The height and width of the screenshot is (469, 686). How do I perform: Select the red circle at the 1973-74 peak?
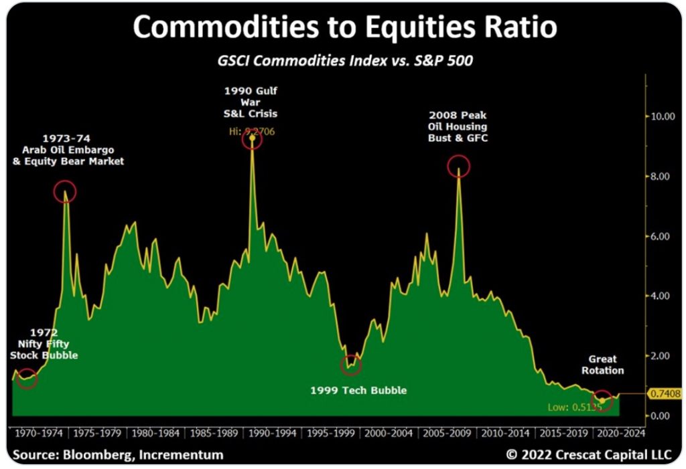click(x=65, y=192)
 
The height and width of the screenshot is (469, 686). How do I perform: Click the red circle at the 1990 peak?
click(x=252, y=139)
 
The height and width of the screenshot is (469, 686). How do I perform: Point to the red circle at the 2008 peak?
click(x=458, y=166)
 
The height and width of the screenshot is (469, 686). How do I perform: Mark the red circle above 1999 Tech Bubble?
click(x=351, y=365)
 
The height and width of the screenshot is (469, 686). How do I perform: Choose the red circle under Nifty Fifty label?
click(x=27, y=379)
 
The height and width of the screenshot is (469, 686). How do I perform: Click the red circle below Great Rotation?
click(x=602, y=400)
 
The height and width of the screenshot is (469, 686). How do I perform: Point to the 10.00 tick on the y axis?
click(x=662, y=116)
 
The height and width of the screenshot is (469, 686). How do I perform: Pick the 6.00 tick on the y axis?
click(x=662, y=236)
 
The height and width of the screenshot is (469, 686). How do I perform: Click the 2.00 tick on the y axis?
click(x=662, y=356)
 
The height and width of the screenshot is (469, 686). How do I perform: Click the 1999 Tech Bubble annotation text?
click(x=358, y=390)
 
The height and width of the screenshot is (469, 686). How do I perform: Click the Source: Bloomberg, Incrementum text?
click(x=118, y=455)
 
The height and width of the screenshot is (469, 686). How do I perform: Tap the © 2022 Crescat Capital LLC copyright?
click(x=588, y=455)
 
